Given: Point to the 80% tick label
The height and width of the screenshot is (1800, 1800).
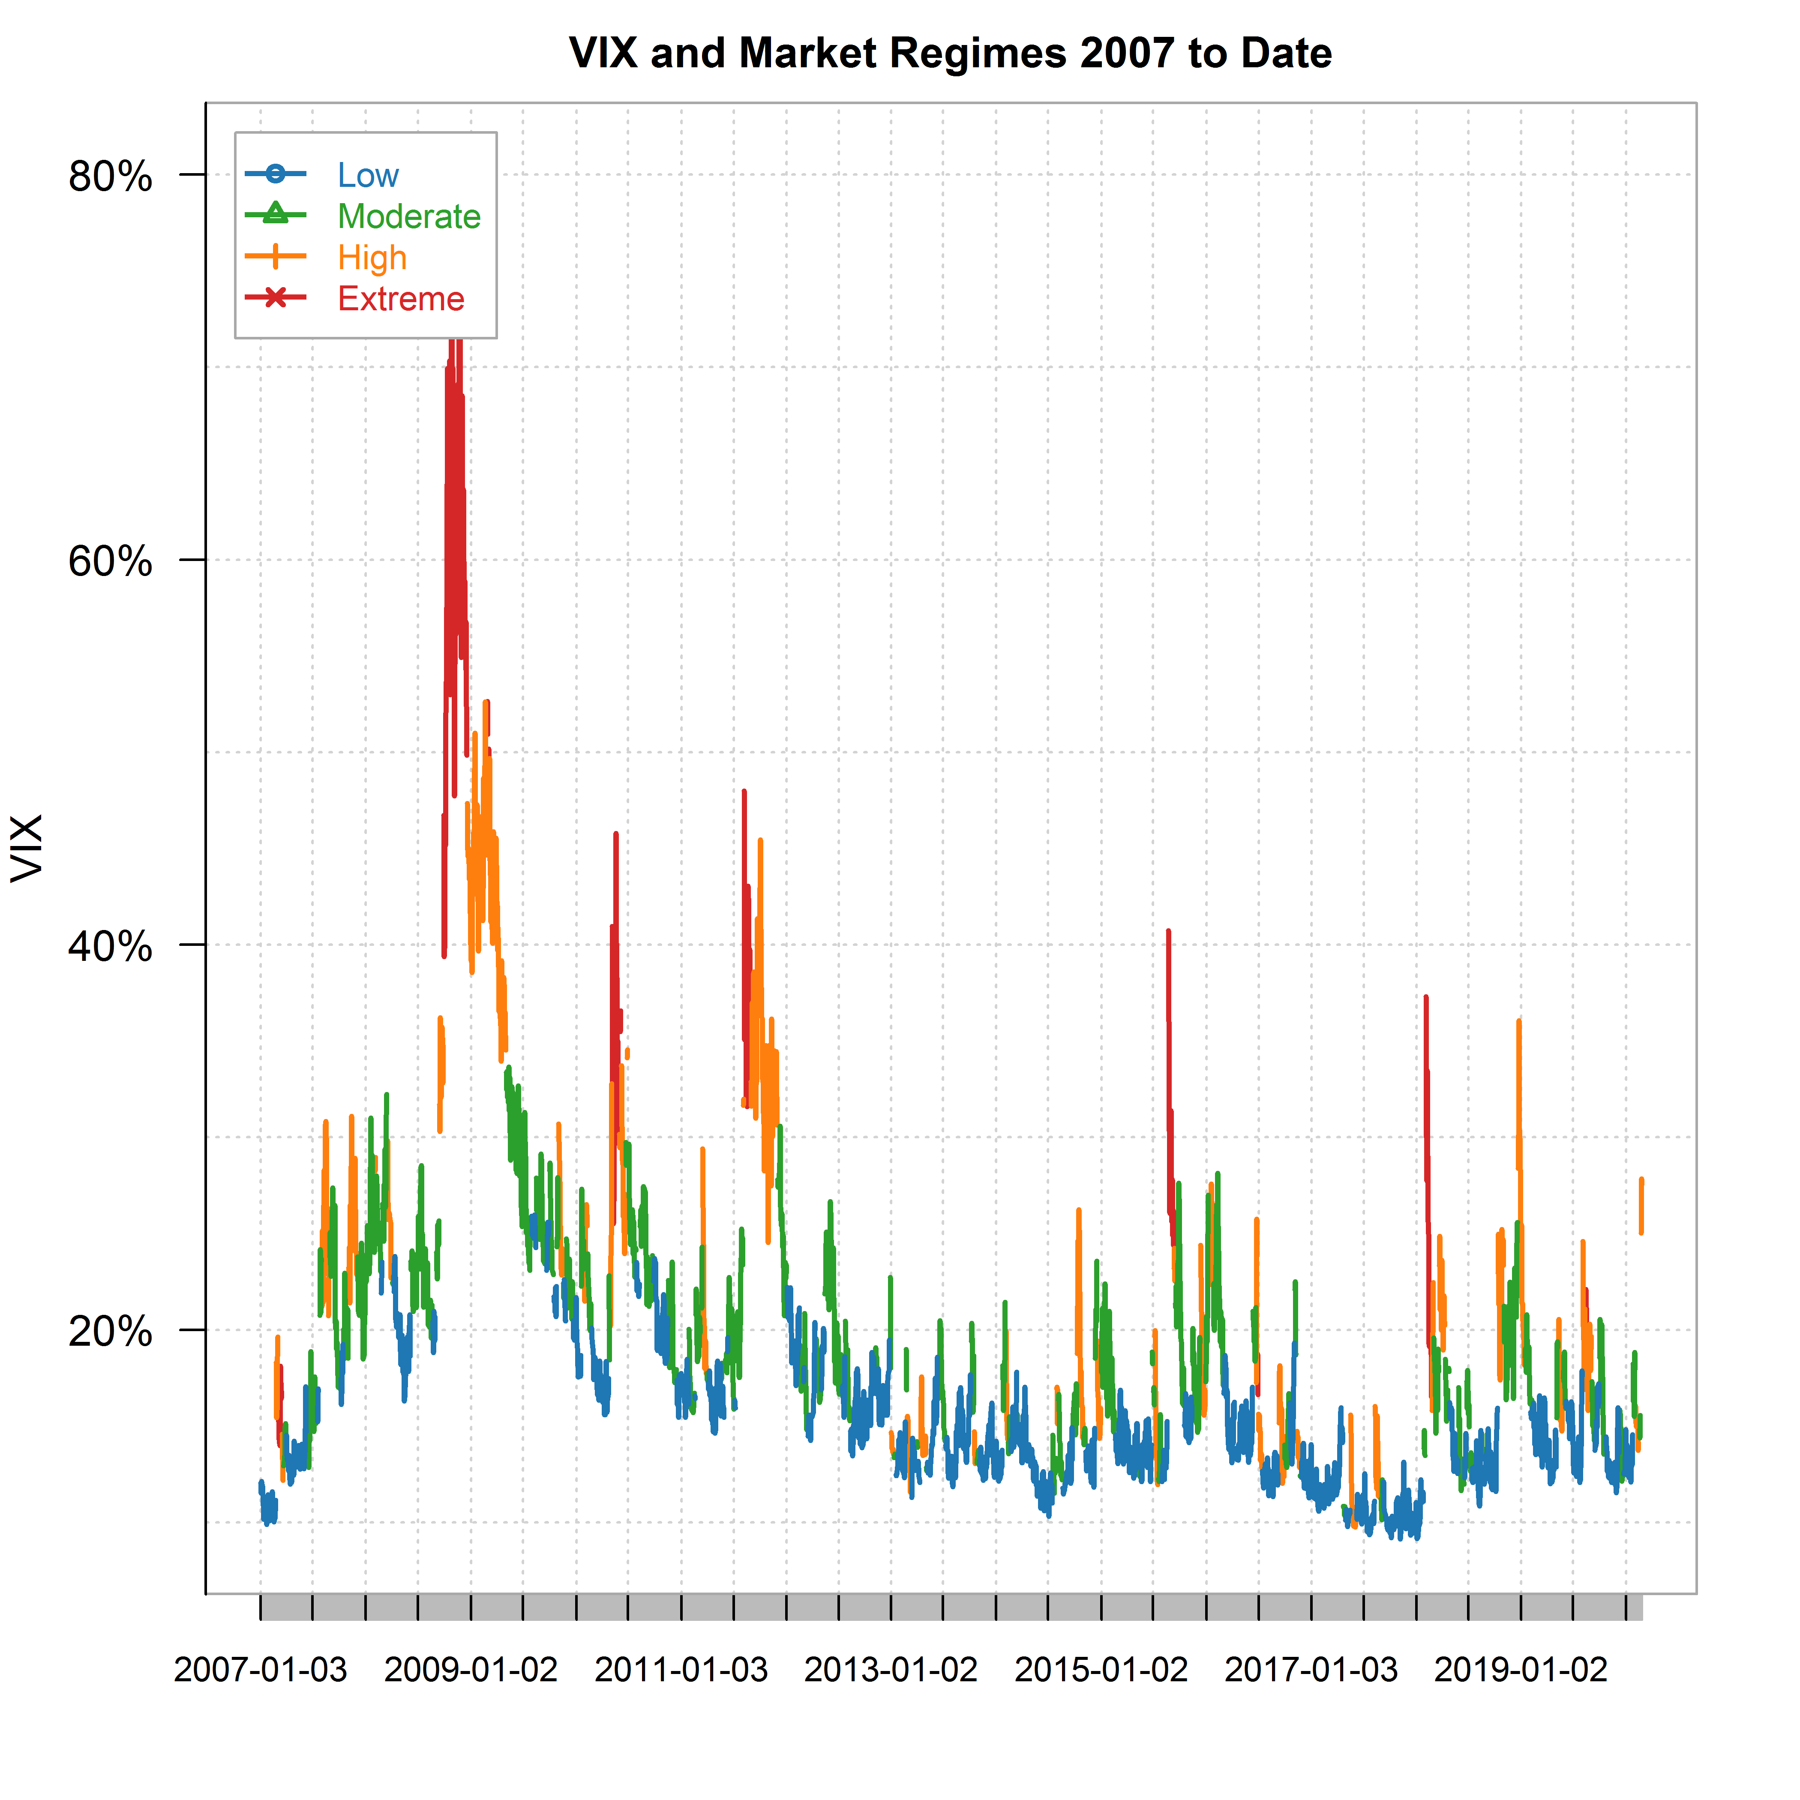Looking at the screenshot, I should (x=110, y=176).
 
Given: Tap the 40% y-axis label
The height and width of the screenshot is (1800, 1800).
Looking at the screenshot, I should (x=110, y=947).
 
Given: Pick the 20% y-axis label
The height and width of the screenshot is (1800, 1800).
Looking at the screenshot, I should (x=110, y=1332).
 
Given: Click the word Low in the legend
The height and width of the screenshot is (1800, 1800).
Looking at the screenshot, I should (x=368, y=175).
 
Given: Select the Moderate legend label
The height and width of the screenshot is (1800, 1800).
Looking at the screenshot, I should (x=409, y=216).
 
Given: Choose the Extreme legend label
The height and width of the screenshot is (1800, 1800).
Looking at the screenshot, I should (x=401, y=299).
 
